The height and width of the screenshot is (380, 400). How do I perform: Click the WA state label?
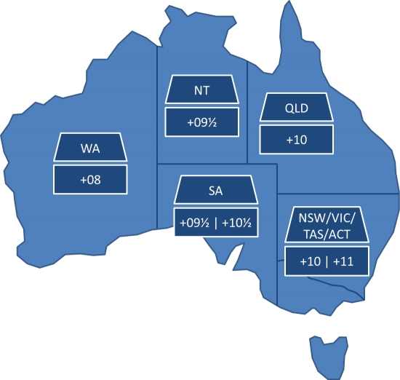86,150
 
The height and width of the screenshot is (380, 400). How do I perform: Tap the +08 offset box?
86,178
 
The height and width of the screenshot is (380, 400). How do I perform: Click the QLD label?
296,110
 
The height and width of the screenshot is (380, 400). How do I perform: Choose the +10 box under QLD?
296,139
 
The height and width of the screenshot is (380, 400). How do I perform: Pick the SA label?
215,192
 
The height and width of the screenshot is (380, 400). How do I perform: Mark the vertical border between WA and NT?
158,109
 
